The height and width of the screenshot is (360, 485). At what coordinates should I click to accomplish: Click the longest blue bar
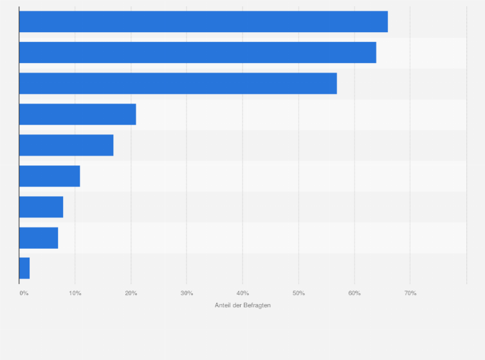(x=203, y=22)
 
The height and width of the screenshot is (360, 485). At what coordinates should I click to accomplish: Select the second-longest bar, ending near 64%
(x=197, y=53)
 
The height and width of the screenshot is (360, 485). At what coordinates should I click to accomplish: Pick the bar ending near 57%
(x=178, y=84)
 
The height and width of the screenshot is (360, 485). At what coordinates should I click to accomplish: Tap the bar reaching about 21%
(x=77, y=114)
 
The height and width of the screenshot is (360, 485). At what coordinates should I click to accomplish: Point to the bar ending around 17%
(x=66, y=145)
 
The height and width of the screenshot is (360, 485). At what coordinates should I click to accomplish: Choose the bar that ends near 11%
(x=50, y=176)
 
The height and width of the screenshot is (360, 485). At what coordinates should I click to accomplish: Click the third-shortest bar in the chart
(x=41, y=207)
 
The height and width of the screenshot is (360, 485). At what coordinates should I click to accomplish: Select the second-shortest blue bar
(x=39, y=238)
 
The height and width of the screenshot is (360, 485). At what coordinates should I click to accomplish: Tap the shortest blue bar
(x=24, y=268)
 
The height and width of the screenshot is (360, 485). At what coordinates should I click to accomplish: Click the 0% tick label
(x=24, y=293)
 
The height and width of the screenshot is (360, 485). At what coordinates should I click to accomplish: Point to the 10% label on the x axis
(x=75, y=293)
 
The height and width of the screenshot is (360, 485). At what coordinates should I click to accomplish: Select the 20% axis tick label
(x=131, y=293)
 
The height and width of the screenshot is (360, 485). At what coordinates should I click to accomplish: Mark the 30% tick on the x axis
(x=187, y=293)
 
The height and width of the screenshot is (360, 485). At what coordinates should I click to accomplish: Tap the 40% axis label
(x=243, y=293)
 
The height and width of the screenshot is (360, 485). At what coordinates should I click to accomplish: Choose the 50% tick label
(x=298, y=293)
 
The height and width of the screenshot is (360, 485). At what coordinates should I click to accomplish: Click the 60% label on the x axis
(x=354, y=293)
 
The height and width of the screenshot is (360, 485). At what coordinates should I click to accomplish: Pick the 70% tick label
(x=410, y=293)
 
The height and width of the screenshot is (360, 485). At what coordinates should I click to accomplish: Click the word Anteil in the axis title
(x=223, y=305)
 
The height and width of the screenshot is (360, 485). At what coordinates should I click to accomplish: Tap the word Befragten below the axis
(x=258, y=305)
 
